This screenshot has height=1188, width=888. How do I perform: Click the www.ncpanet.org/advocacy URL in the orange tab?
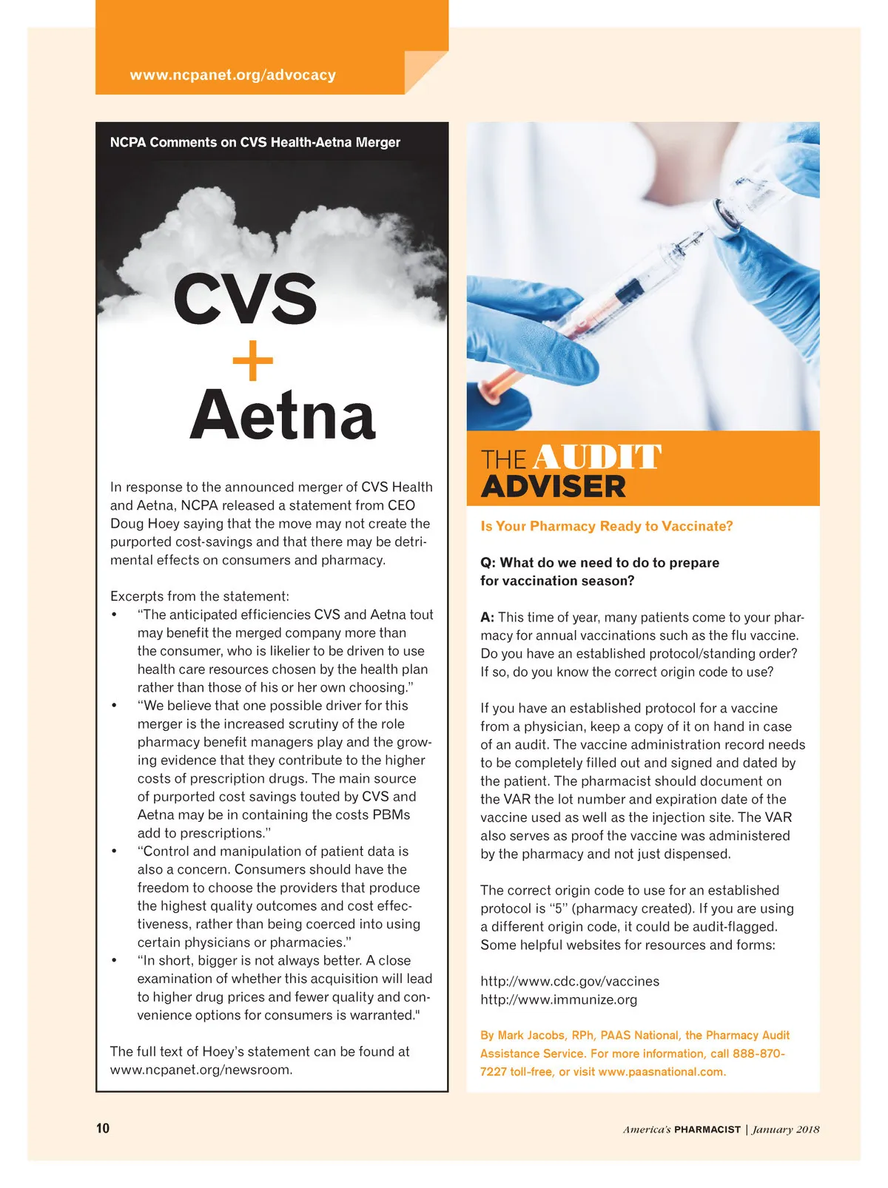(x=232, y=75)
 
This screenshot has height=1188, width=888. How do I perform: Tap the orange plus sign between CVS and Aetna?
(x=253, y=361)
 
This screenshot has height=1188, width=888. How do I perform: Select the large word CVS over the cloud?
(x=245, y=298)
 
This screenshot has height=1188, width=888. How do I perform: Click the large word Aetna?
(x=282, y=415)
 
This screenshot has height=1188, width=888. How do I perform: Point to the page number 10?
(x=102, y=1128)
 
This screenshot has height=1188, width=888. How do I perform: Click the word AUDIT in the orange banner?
(x=596, y=457)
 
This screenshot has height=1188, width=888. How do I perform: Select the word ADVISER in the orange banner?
(x=554, y=487)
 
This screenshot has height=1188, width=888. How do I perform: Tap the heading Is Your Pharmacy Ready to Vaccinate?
(x=607, y=526)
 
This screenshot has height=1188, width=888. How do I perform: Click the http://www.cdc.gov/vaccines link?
(x=570, y=981)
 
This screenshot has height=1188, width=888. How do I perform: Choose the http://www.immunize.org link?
(x=559, y=999)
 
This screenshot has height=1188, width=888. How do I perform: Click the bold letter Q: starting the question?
(x=488, y=563)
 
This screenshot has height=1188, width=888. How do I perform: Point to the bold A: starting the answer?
(x=487, y=618)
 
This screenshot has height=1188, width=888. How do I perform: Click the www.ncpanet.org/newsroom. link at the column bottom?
(x=201, y=1070)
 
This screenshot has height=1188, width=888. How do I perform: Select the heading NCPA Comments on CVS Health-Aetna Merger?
(x=255, y=142)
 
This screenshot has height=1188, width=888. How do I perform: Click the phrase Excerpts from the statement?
(x=200, y=596)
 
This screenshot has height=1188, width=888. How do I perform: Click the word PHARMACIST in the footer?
(x=707, y=1130)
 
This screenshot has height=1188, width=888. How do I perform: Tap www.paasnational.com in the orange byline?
(x=661, y=1072)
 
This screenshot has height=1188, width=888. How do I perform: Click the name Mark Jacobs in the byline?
(x=531, y=1036)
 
